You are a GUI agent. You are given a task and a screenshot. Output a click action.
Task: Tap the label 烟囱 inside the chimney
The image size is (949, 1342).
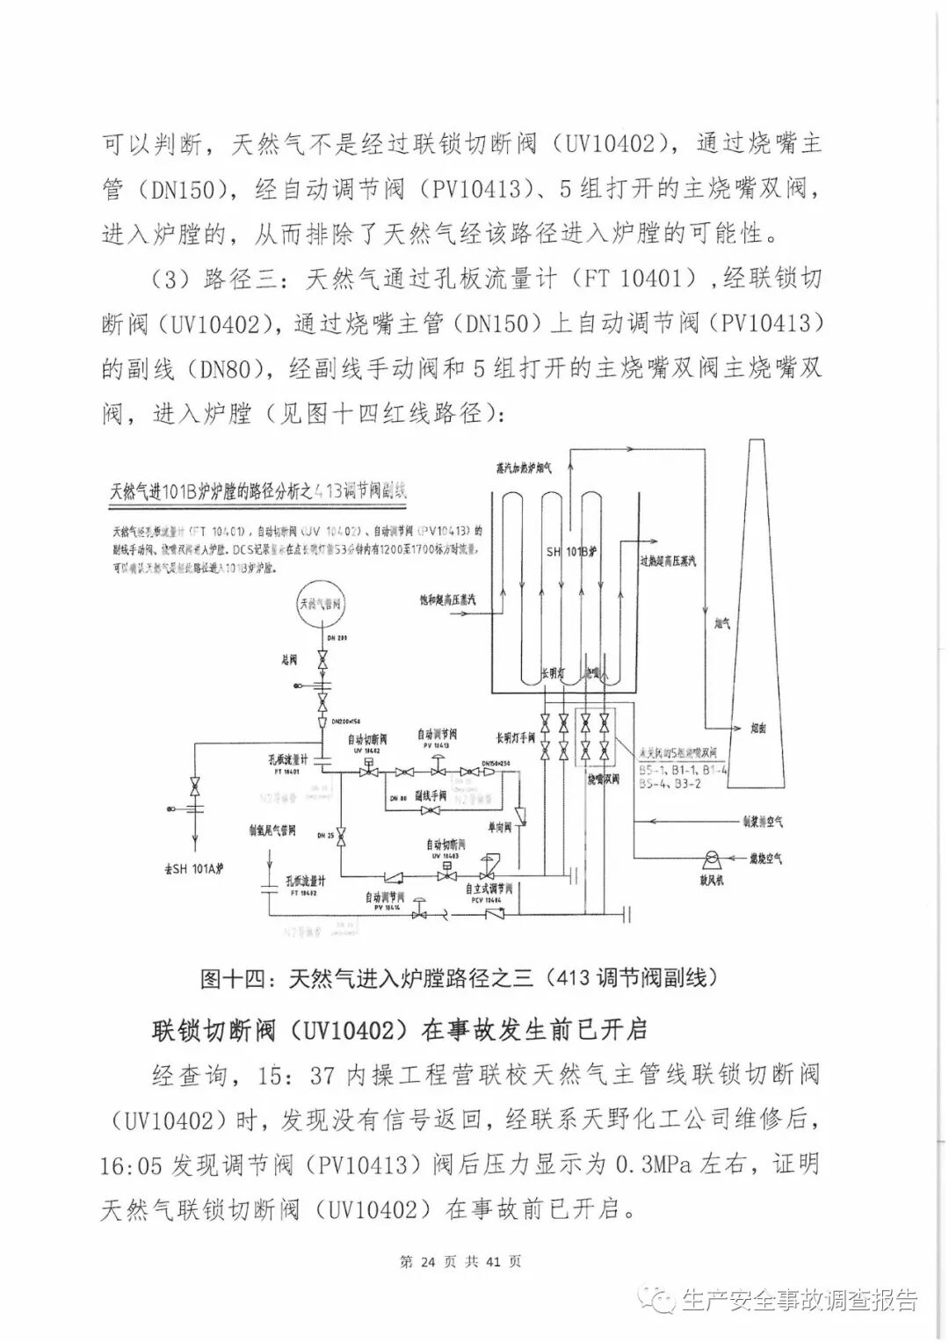(x=758, y=727)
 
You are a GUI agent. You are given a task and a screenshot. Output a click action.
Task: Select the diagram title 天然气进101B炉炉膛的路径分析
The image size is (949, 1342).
(x=258, y=491)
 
